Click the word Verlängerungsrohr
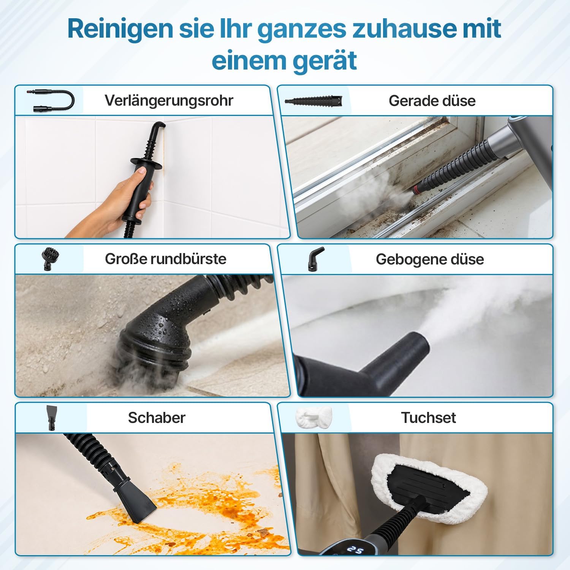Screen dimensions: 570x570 coord(169,101)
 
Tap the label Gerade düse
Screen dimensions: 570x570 coord(432,101)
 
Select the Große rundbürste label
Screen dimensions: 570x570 coord(166,259)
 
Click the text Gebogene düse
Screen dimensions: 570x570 coord(430,259)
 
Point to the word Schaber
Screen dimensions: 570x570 coord(157,418)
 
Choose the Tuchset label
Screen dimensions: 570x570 coord(428,418)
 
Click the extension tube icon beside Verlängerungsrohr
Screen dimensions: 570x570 coord(51,100)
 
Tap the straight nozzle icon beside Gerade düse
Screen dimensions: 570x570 coord(314,101)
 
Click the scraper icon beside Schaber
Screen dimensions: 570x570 coord(51,417)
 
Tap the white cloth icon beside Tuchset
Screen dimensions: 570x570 coord(313,418)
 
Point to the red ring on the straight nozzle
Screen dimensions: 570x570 coord(417,188)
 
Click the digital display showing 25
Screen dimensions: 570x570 coord(354,549)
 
